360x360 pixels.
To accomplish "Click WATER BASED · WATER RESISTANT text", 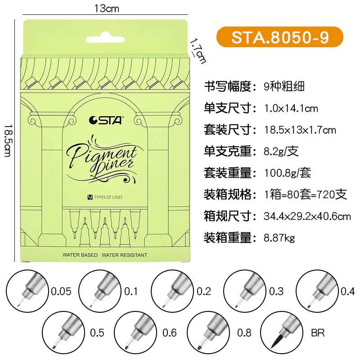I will coord(105,255).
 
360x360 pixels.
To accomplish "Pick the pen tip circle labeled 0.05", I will coord(28,291).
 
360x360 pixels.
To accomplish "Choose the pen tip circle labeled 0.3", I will coord(245,291).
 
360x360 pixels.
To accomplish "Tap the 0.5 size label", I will coord(97,333).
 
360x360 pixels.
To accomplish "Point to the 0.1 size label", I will coord(130,291).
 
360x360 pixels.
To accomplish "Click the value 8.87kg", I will coord(279,238).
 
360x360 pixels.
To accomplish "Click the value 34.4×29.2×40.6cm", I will coord(307,216).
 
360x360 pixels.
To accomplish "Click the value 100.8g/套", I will coord(287,173).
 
